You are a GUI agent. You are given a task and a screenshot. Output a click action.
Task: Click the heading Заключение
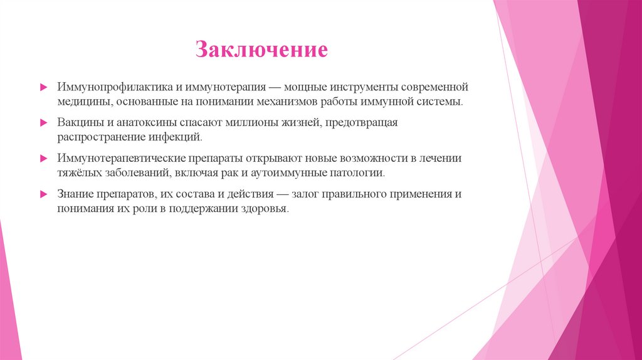pyautogui.click(x=261, y=50)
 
